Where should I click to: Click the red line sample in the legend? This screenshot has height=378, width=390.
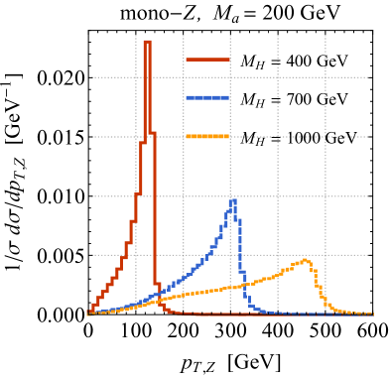point(207,60)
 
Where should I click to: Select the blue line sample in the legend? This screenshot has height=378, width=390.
point(207,97)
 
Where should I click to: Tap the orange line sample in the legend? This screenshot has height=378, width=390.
point(207,136)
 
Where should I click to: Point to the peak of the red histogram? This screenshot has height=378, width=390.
point(147,42)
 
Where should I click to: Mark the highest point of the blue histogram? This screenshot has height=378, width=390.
point(234,199)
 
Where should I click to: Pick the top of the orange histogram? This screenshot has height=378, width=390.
point(307,260)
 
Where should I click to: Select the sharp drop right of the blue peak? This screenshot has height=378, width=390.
point(239,248)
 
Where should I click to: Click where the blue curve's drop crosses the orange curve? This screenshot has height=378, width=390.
point(241,286)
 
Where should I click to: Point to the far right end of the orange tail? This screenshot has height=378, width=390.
point(371,314)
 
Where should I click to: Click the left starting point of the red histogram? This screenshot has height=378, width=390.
point(88,313)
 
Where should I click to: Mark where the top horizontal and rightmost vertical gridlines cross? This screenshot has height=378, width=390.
point(325,77)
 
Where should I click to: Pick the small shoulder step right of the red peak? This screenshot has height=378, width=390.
point(153,133)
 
